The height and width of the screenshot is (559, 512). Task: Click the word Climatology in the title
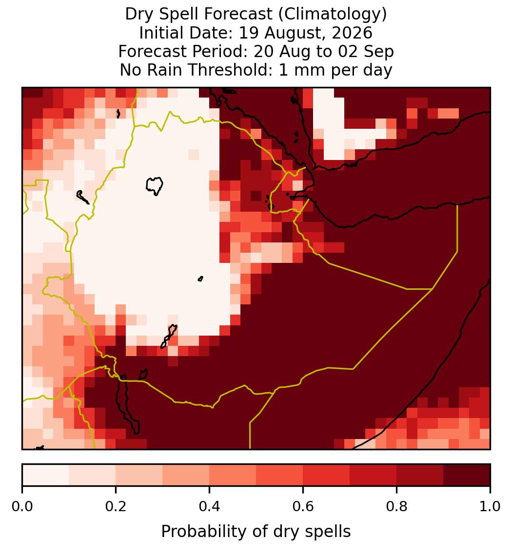coord(331,14)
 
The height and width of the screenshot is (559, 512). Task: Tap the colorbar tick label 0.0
coord(22,506)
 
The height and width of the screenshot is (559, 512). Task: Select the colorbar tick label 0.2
coord(116,506)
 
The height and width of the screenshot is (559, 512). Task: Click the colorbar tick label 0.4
coord(210,506)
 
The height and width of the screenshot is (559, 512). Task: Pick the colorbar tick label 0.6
coord(303,506)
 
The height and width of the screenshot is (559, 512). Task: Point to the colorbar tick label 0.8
coord(396,506)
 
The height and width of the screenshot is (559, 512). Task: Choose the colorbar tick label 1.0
coord(490,506)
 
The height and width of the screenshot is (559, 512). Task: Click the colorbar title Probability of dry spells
coord(256,532)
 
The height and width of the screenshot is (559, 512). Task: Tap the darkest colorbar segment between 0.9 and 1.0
coord(467,475)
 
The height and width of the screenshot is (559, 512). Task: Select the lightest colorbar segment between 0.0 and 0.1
coord(46,475)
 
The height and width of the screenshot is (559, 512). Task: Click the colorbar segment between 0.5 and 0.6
coord(280,475)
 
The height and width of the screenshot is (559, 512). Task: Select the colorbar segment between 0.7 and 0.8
coord(374,475)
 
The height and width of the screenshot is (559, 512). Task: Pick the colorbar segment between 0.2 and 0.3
coord(139,475)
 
